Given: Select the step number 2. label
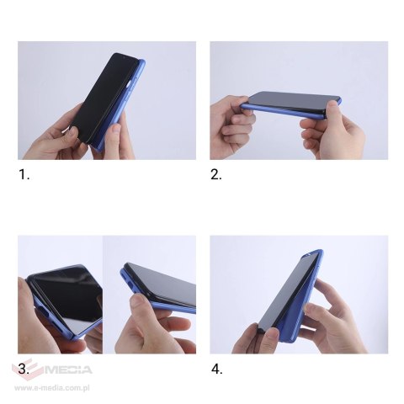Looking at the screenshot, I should (216, 176).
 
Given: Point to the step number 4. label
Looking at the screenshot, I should (216, 369).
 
